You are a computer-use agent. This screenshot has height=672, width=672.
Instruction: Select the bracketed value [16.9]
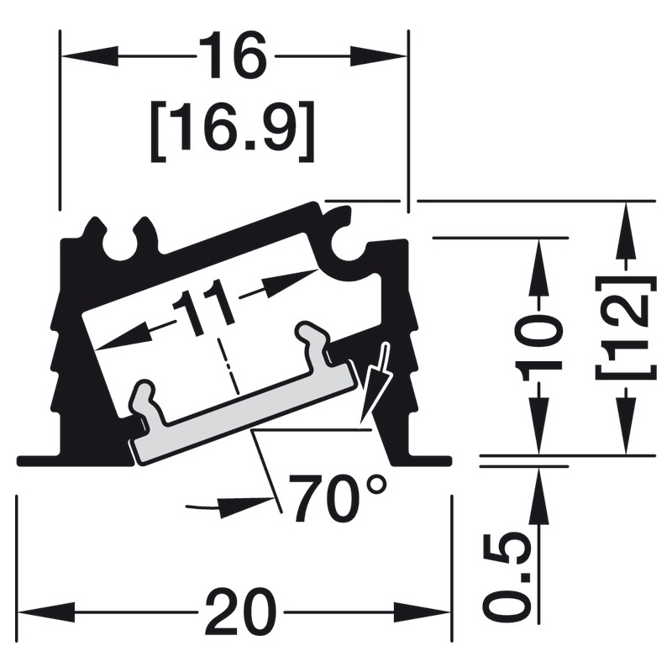click(x=233, y=131)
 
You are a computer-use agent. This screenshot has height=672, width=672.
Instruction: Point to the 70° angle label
click(x=337, y=498)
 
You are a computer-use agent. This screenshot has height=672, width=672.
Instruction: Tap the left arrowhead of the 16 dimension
click(x=89, y=55)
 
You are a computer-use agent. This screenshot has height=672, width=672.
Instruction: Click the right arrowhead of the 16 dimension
click(x=379, y=55)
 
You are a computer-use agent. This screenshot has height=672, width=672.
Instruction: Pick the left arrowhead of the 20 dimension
click(x=47, y=613)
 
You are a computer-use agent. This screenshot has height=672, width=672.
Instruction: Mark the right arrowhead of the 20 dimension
click(x=422, y=613)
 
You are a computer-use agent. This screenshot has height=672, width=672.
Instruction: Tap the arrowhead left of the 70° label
click(x=245, y=503)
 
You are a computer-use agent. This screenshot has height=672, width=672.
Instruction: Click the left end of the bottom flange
click(x=17, y=461)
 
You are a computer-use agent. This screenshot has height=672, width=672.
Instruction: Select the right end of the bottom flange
click(x=452, y=461)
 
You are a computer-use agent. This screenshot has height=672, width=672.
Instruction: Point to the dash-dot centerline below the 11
click(x=228, y=365)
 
